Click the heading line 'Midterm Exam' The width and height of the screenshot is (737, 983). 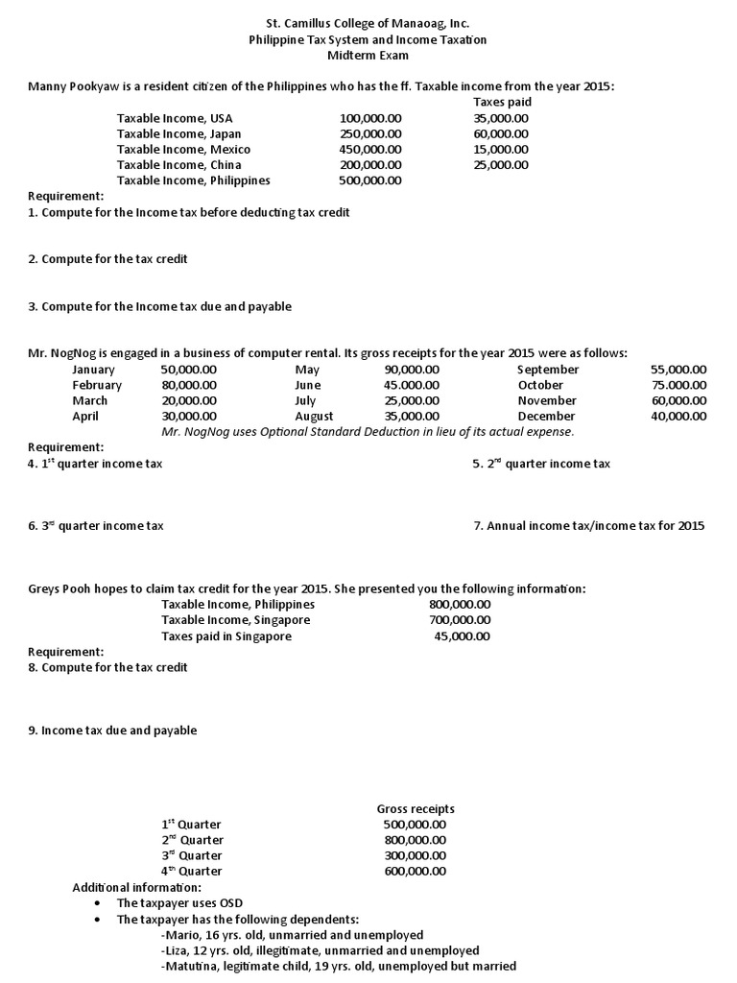368,56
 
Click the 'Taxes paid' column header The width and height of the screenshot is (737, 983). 502,102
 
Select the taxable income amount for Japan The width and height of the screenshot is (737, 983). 370,133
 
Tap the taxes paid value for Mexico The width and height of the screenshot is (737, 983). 501,149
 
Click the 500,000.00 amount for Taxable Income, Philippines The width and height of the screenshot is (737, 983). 370,180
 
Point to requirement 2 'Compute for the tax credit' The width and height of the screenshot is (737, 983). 107,259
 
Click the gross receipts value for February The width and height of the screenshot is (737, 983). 189,385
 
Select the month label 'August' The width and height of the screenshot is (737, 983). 315,416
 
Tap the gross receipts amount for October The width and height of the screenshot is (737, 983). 678,385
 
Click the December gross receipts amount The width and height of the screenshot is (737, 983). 678,416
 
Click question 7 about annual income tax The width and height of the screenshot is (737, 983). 589,525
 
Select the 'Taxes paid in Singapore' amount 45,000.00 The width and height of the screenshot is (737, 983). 460,635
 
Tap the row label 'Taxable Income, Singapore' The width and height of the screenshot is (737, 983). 235,620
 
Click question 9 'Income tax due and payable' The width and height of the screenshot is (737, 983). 112,731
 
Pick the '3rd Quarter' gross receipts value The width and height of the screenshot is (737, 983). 415,855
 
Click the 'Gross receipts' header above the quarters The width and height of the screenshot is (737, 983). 416,809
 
